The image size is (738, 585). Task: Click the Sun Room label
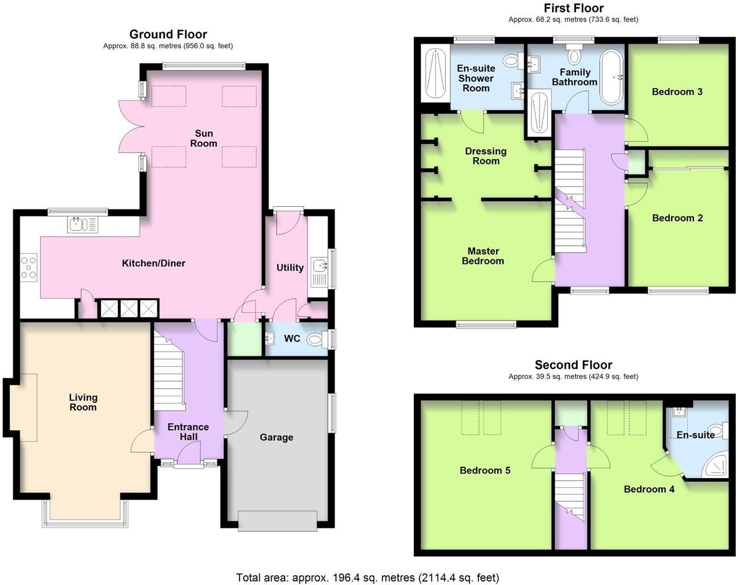coord(204,139)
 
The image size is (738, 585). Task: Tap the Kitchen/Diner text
coord(153,263)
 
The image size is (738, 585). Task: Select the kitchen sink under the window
coord(83,225)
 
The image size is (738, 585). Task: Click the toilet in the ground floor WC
coord(316,340)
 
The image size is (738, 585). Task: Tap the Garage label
coord(276,438)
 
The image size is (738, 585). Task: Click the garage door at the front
coord(277,521)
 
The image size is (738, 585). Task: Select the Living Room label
coord(83,402)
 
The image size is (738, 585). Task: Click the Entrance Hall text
coord(188,432)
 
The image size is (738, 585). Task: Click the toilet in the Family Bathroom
coord(574,57)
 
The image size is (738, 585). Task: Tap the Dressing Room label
coord(485,156)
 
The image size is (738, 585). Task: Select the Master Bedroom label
coord(482,256)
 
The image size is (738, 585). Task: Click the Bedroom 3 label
coord(677,91)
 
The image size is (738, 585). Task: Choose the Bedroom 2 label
coord(677,218)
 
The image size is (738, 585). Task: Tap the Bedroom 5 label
coord(485,470)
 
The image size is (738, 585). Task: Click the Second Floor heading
coord(573,364)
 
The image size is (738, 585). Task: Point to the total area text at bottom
coord(368,578)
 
